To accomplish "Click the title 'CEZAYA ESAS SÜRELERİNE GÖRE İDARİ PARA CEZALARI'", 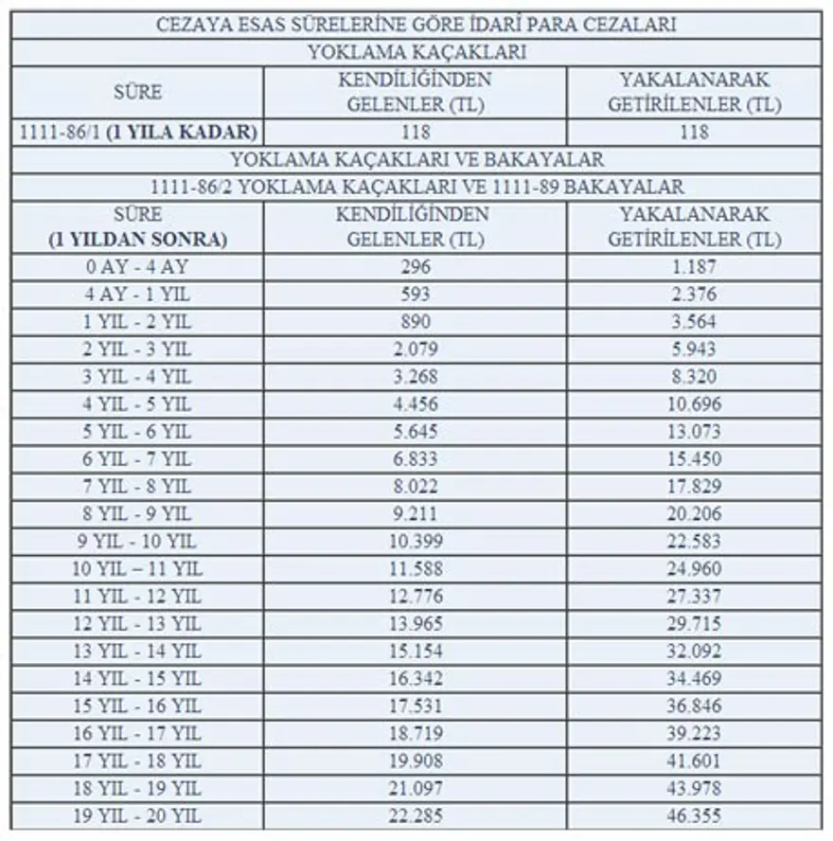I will [416, 25].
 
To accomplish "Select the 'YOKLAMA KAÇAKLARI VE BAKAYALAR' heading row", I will [416, 159].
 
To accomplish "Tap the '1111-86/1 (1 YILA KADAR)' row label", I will [137, 132].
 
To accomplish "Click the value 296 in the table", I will [415, 267].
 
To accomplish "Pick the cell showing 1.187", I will [694, 267].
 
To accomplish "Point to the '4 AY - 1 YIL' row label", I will [137, 295].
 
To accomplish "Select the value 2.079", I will [415, 349].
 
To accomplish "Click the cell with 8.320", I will [694, 377].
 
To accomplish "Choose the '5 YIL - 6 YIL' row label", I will [137, 432].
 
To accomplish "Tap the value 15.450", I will [694, 459].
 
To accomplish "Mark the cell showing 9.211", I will [415, 514].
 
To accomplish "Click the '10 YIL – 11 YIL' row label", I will [137, 569].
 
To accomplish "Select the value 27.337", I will [694, 597].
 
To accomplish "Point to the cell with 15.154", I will [415, 652].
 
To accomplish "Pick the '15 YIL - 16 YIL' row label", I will [137, 707].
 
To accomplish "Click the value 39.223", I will [694, 734].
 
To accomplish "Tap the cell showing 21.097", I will [415, 789].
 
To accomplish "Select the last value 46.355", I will [694, 816].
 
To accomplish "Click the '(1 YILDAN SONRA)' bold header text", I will [137, 240].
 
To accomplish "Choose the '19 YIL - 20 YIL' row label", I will [137, 816].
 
